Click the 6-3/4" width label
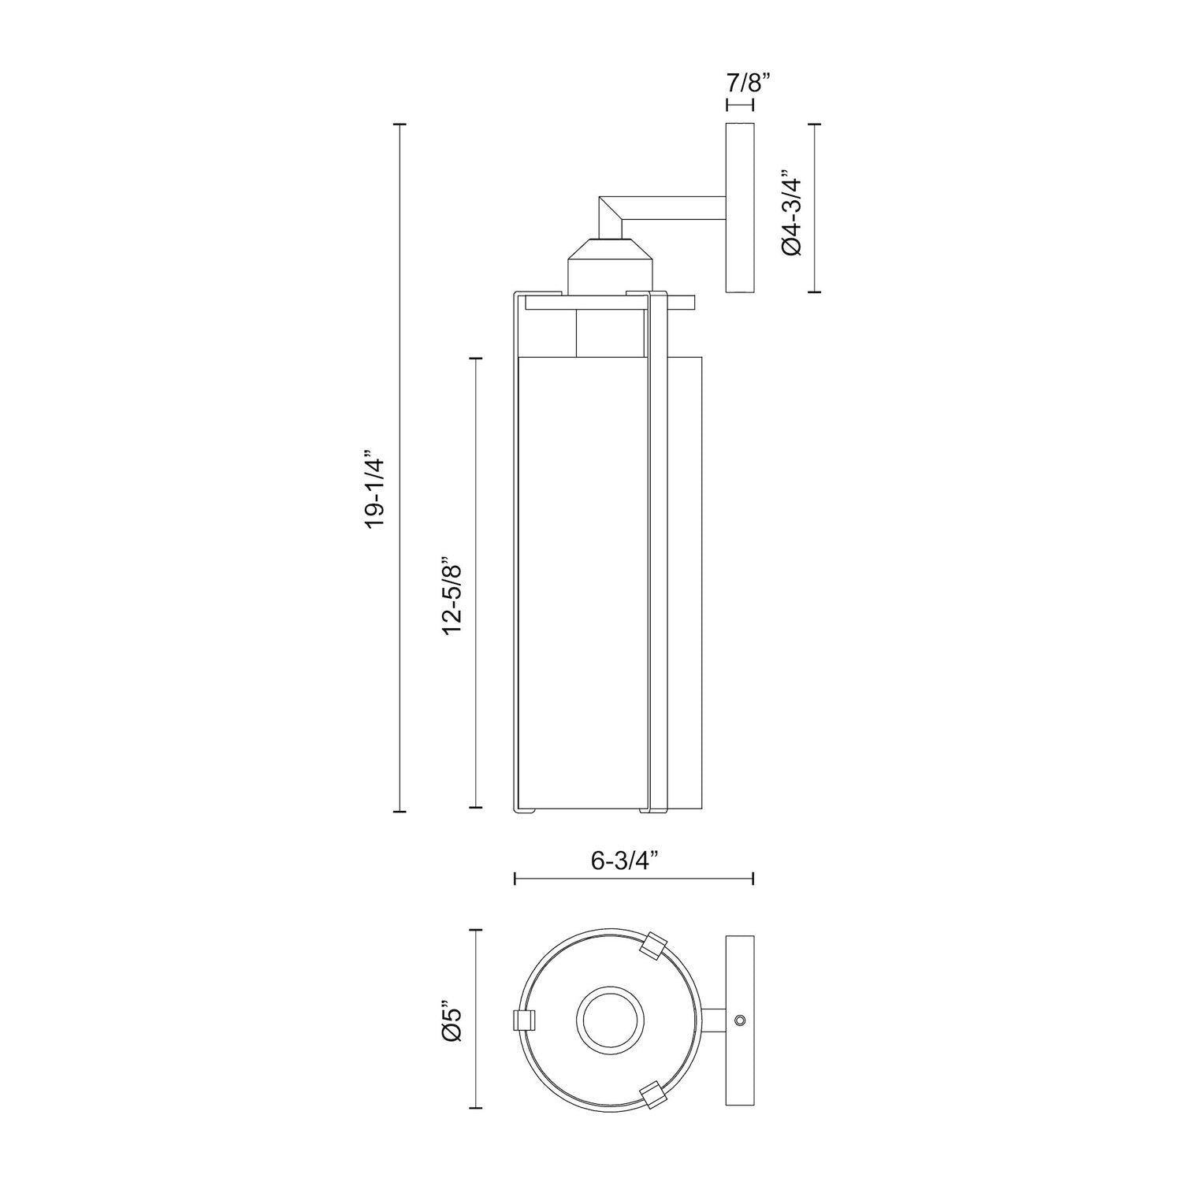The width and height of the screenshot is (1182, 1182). (625, 860)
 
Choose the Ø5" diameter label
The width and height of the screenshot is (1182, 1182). (452, 1024)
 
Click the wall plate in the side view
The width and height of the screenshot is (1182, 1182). (740, 208)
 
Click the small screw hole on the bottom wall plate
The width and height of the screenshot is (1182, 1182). (738, 1020)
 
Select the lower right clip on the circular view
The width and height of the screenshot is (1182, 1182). (653, 1095)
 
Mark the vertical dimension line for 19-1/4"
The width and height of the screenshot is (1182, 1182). (400, 473)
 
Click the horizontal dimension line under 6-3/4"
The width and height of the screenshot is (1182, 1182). (634, 878)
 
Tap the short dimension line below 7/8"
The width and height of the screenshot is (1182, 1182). (740, 105)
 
